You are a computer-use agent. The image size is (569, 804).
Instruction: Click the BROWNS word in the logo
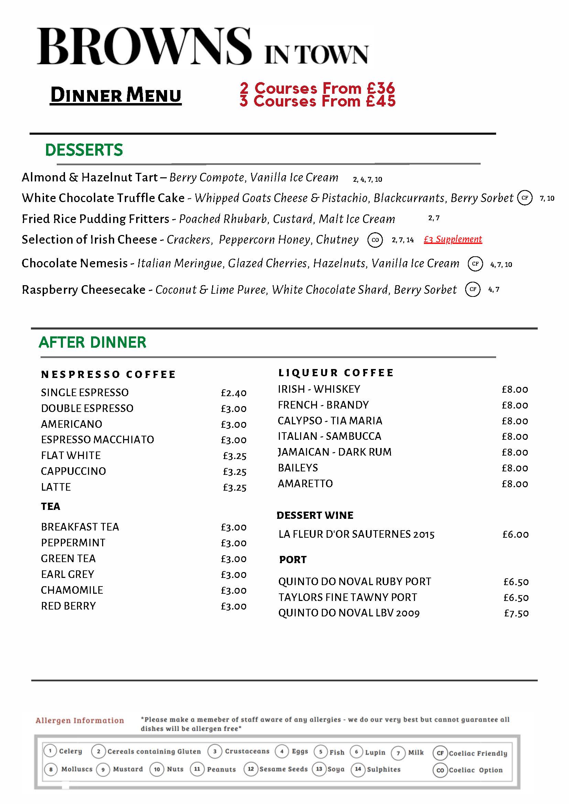[x=144, y=46]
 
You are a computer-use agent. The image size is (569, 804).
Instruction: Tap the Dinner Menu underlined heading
[x=116, y=95]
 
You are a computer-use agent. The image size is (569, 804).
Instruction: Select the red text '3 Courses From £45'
[x=317, y=102]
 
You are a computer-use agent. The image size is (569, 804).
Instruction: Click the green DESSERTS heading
[x=84, y=150]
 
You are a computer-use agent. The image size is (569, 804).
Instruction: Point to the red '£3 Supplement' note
[x=453, y=239]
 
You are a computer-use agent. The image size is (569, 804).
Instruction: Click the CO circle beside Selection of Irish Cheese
[x=375, y=240]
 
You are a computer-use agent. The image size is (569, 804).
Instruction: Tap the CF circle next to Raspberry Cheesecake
[x=473, y=289]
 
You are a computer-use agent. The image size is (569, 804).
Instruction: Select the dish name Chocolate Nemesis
[x=75, y=263]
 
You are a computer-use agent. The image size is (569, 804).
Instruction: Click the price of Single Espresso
[x=234, y=393]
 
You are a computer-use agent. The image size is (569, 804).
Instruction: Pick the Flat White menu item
[x=71, y=455]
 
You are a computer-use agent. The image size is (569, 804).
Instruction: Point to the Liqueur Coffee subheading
[x=336, y=373]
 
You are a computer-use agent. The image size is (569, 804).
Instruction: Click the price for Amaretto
[x=515, y=484]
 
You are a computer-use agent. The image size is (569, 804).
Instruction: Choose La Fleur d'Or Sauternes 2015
[x=356, y=534]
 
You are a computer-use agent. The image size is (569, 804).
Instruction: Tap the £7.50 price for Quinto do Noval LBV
[x=516, y=613]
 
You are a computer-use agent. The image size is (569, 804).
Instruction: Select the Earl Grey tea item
[x=68, y=574]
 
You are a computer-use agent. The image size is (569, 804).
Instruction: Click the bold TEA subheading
[x=51, y=506]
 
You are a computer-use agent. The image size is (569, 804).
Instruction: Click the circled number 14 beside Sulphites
[x=358, y=769]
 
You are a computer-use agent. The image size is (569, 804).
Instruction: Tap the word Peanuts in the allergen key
[x=221, y=769]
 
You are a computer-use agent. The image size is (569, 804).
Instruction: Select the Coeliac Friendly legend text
[x=478, y=753]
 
